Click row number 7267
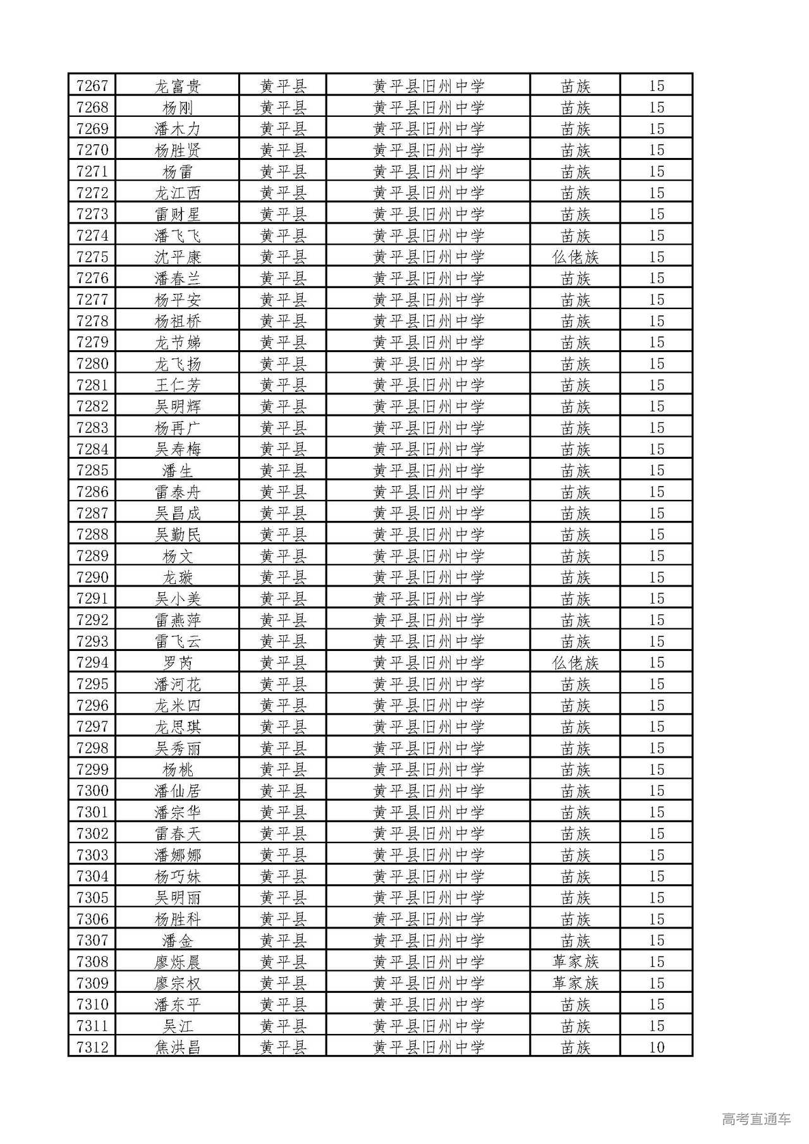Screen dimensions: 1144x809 (92, 86)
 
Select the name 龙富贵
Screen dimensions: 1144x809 (178, 86)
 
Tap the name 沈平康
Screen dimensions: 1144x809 (178, 257)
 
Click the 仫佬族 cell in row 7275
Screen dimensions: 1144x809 (575, 257)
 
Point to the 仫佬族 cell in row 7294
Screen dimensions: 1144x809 (575, 663)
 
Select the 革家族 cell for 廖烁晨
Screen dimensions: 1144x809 (575, 962)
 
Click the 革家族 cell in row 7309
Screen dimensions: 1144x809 (575, 983)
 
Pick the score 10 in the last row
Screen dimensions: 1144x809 (657, 1047)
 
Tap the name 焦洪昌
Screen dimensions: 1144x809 (178, 1047)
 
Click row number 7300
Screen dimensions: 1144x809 (92, 791)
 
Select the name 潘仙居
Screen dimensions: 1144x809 (178, 791)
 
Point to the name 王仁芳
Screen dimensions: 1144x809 (178, 385)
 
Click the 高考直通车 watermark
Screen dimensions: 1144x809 (756, 1119)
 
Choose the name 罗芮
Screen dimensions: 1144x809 (178, 663)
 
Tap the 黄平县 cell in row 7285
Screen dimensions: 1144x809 (283, 471)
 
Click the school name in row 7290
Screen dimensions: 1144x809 (429, 578)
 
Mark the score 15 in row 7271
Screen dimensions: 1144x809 (657, 171)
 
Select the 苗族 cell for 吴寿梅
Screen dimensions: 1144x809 (575, 449)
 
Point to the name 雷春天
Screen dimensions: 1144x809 (178, 834)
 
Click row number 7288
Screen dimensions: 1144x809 (92, 535)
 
